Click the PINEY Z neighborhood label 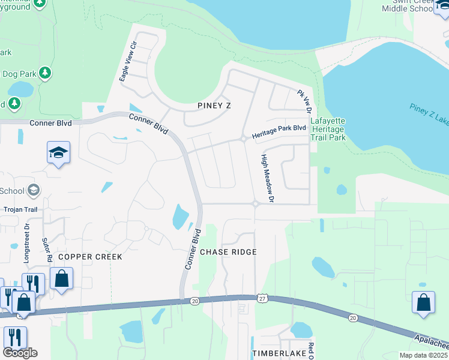(214, 106)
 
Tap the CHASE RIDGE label (228, 252)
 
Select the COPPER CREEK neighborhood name (90, 257)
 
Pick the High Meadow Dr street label (267, 178)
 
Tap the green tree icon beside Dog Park (45, 73)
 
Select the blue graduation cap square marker (59, 154)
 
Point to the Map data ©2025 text (423, 355)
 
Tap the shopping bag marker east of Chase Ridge (423, 302)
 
